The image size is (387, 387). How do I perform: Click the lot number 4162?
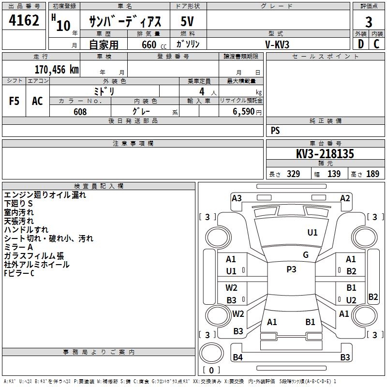tap(24, 21)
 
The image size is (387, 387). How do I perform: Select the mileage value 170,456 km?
tap(57, 69)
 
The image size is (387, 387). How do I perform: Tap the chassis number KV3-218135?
tap(325, 154)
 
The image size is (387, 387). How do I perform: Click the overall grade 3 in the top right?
tap(369, 22)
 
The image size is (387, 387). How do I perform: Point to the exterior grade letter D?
tap(360, 44)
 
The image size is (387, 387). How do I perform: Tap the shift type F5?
tap(15, 101)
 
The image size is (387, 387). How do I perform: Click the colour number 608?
tap(80, 112)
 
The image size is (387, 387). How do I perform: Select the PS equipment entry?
tap(275, 131)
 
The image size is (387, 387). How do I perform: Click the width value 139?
tap(334, 174)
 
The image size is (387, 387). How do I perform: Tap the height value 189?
tap(372, 174)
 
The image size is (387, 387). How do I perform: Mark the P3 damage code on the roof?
tap(291, 269)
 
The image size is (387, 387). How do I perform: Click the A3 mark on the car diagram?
tap(237, 198)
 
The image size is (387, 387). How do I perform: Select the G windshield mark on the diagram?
tap(306, 255)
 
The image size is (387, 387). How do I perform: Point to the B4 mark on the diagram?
tap(238, 357)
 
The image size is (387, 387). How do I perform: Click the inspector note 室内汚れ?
tap(20, 212)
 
